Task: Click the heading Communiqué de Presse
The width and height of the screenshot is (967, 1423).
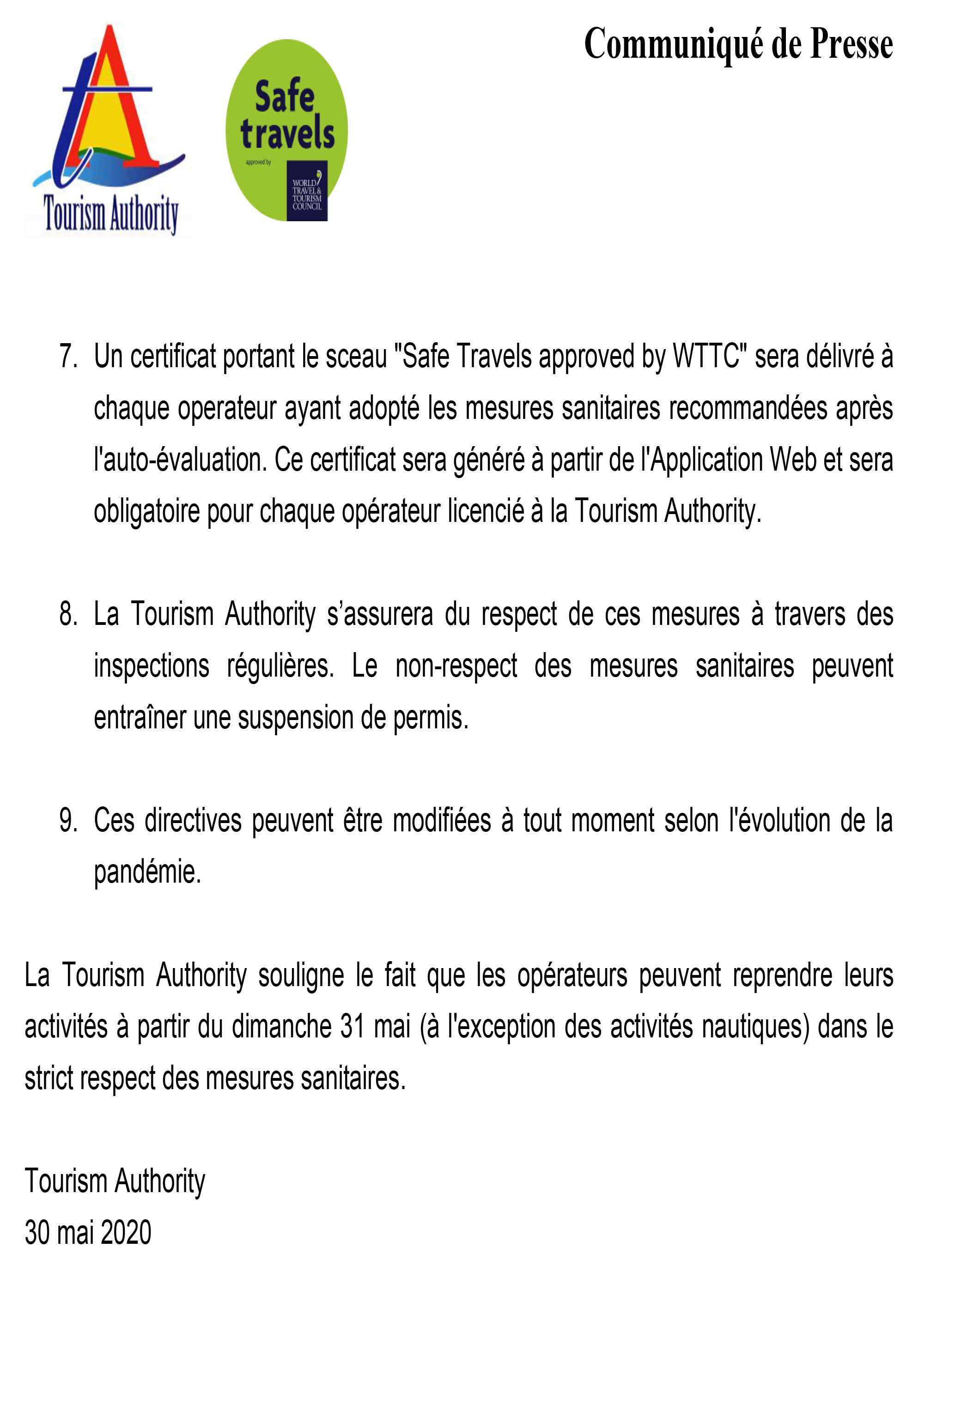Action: [x=738, y=45]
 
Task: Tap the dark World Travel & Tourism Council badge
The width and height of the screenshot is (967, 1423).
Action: [x=307, y=190]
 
